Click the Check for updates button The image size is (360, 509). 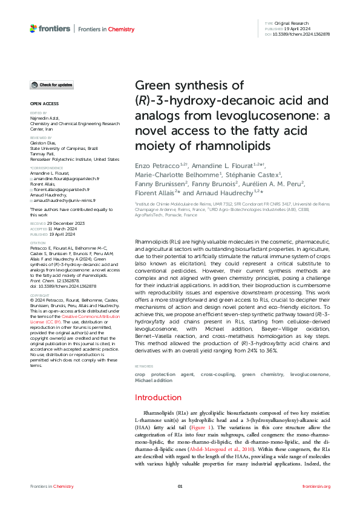click(x=52, y=85)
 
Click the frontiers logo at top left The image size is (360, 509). click(x=49, y=28)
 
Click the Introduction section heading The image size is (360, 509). click(x=165, y=397)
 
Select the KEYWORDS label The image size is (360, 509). click(x=144, y=367)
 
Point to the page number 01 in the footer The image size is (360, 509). click(x=180, y=486)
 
